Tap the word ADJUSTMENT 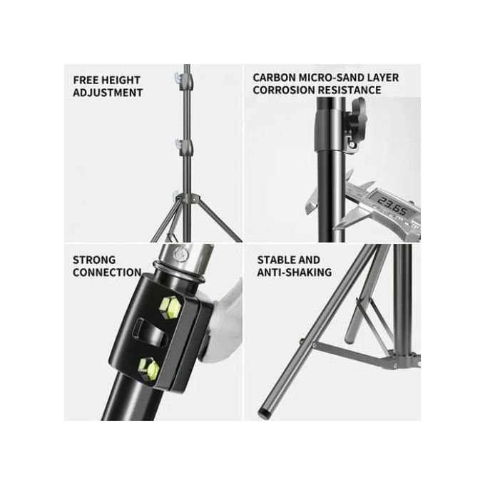pyautogui.click(x=108, y=93)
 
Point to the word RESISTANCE pyautogui.click(x=349, y=90)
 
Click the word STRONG pyautogui.click(x=94, y=260)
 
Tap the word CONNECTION pyautogui.click(x=107, y=272)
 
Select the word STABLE pyautogui.click(x=275, y=260)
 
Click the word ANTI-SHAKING pyautogui.click(x=294, y=272)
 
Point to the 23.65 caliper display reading pyautogui.click(x=392, y=206)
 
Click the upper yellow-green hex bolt pyautogui.click(x=170, y=307)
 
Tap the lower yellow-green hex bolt pyautogui.click(x=148, y=369)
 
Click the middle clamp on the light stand pyautogui.click(x=184, y=146)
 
